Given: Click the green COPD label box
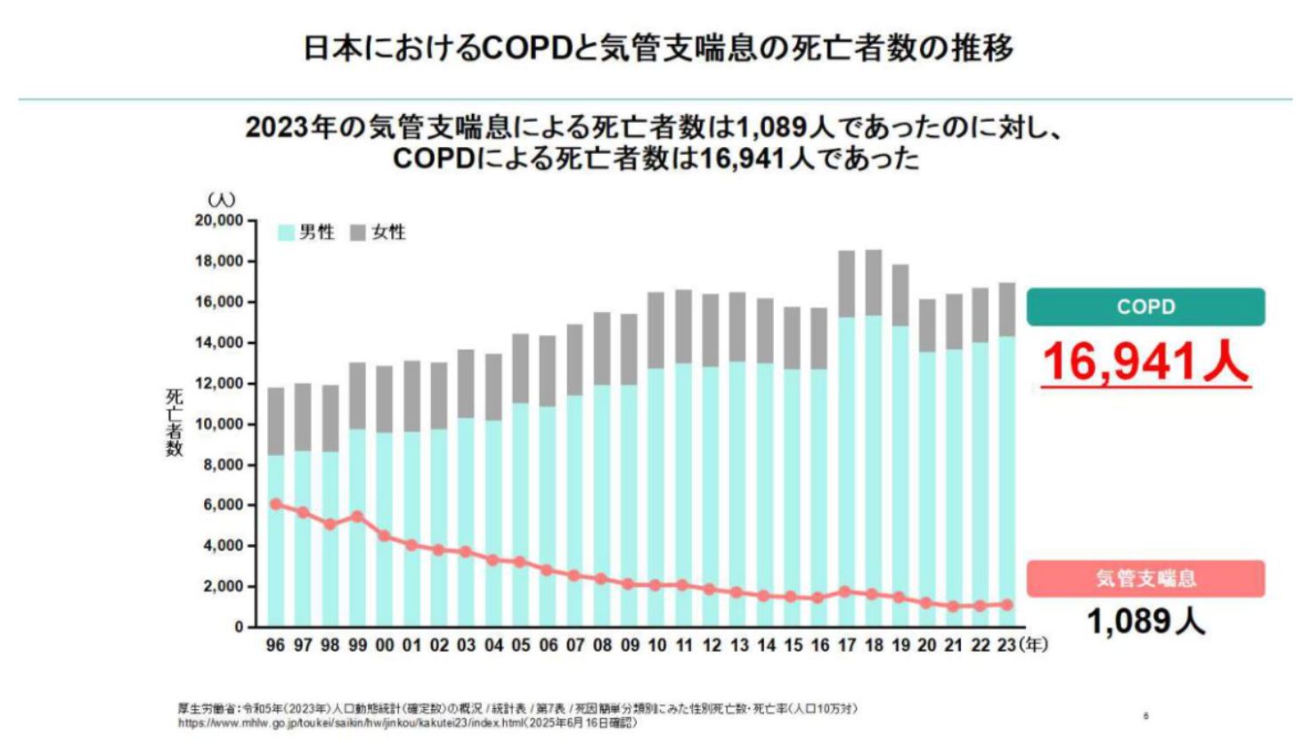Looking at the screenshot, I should tap(1145, 306).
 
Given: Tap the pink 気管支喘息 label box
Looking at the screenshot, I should tap(1145, 579).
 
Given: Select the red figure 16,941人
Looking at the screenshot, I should tap(1145, 362).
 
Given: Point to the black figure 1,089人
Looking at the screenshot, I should tap(1145, 621).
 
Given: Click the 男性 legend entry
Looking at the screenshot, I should tap(307, 232).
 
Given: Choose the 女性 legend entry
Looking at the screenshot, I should tap(379, 232).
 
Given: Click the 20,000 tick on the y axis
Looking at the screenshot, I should tap(218, 220).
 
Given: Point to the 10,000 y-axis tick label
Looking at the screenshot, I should tap(218, 424).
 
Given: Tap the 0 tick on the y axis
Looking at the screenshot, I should tap(239, 627).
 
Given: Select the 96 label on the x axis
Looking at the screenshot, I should tap(275, 645).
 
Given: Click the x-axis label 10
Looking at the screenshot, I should tap(656, 645).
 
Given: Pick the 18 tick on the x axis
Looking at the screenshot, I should tap(874, 645).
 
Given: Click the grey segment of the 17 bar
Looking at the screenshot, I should tap(846, 284).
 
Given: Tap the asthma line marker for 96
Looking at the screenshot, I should tap(276, 504).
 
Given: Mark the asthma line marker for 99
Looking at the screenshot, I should tap(357, 517).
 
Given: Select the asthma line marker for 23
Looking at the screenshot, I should tap(1007, 605).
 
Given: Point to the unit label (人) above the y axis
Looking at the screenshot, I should tap(221, 199).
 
